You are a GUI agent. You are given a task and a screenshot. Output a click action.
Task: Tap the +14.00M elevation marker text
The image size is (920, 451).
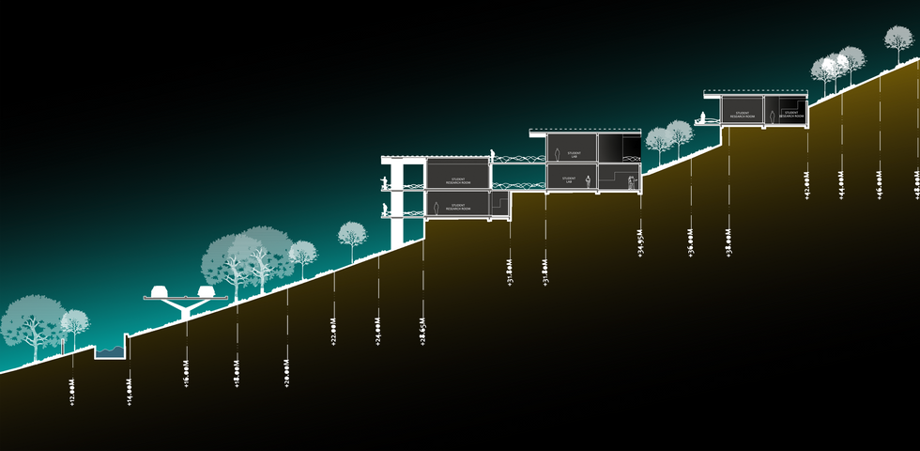pos(129,391)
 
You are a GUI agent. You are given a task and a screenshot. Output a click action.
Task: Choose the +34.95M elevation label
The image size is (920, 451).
pos(640,242)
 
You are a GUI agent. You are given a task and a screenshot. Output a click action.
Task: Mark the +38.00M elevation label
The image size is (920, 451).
pos(728,242)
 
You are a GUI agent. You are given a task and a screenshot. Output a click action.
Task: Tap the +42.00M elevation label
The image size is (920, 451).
pos(807,185)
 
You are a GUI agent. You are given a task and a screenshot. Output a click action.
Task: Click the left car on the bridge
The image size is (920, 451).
pos(160,290)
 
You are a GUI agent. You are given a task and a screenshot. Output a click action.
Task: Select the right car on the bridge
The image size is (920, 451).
pos(206,290)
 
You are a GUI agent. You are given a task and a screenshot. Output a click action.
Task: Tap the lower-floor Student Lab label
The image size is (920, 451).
pos(568,179)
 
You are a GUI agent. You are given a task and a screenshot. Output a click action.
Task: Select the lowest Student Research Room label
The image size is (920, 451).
pos(457,206)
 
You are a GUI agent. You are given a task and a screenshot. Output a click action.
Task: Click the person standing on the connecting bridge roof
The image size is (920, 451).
pos(491,153)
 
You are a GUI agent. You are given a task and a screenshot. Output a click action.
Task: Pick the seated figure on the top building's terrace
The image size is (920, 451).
pos(700,117)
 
